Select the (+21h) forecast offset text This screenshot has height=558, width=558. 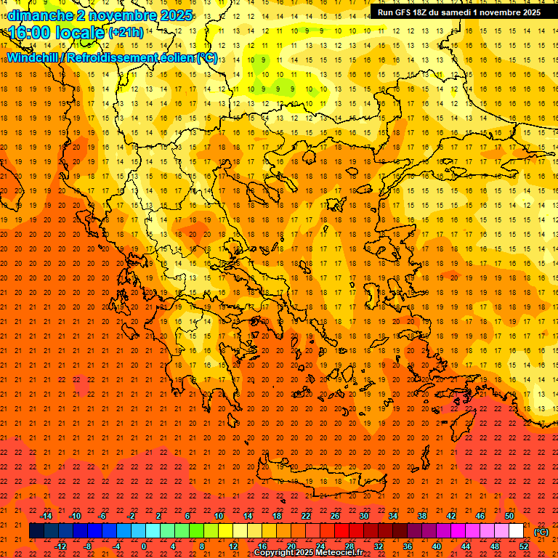[x=126, y=33]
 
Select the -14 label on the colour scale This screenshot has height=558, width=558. [x=46, y=516]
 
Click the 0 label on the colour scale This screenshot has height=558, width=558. [x=144, y=546]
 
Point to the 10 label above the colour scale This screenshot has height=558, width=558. [x=218, y=516]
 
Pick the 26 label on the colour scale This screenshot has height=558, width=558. [x=335, y=516]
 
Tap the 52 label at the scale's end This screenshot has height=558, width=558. [x=524, y=546]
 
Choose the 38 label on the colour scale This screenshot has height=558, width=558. [x=422, y=516]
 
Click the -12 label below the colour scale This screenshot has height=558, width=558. [x=60, y=546]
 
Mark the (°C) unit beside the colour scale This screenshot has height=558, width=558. [x=541, y=532]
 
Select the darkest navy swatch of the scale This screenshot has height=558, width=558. [x=37, y=531]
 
